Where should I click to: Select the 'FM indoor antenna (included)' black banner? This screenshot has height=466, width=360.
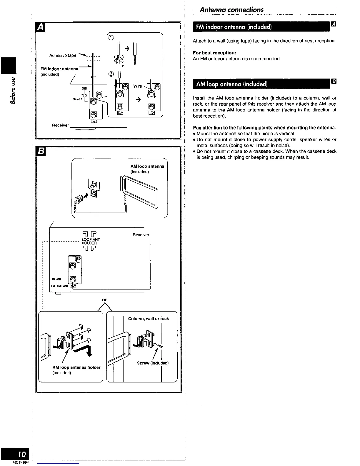[x=234, y=27]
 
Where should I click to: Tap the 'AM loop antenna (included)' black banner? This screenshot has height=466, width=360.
[x=232, y=84]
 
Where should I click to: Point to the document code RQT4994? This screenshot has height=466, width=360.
[x=21, y=463]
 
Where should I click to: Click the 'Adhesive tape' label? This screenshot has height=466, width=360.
[x=63, y=55]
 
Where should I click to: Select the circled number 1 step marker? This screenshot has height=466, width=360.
[x=111, y=37]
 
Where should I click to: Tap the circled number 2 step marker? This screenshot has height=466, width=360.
[x=111, y=74]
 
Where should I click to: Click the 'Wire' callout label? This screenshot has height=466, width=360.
[x=138, y=86]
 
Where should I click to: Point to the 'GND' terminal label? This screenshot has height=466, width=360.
[x=84, y=88]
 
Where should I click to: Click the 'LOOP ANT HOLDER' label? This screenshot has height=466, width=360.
[x=89, y=241]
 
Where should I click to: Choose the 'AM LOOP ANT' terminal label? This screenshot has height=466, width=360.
[x=59, y=286]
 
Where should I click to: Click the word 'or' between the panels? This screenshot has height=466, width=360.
[x=104, y=300]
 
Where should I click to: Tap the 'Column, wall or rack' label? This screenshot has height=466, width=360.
[x=149, y=319]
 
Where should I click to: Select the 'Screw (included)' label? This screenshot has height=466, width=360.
[x=153, y=363]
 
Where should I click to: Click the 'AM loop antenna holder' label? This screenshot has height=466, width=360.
[x=76, y=367]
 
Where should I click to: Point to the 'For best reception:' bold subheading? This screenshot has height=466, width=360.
[x=214, y=53]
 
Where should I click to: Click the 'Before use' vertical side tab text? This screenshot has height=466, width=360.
[x=12, y=90]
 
